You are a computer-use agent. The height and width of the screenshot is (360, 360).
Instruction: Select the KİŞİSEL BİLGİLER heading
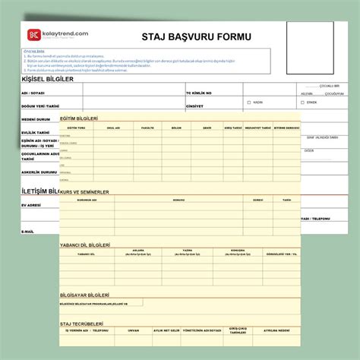(x=51, y=78)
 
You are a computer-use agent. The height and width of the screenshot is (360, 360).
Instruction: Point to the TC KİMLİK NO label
(x=199, y=93)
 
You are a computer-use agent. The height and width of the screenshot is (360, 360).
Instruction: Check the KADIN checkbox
(x=248, y=102)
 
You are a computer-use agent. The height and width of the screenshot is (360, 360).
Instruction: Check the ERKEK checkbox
(x=302, y=102)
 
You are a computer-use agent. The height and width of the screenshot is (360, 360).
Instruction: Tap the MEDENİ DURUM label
(x=36, y=120)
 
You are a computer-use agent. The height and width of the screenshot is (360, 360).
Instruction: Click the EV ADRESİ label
(x=32, y=205)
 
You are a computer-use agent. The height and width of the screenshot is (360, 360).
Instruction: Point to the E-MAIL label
(x=28, y=231)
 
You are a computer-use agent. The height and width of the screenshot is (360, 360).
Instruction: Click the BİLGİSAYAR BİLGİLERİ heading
(x=85, y=294)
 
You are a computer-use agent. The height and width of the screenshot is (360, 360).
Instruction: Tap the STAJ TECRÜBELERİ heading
(x=81, y=324)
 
